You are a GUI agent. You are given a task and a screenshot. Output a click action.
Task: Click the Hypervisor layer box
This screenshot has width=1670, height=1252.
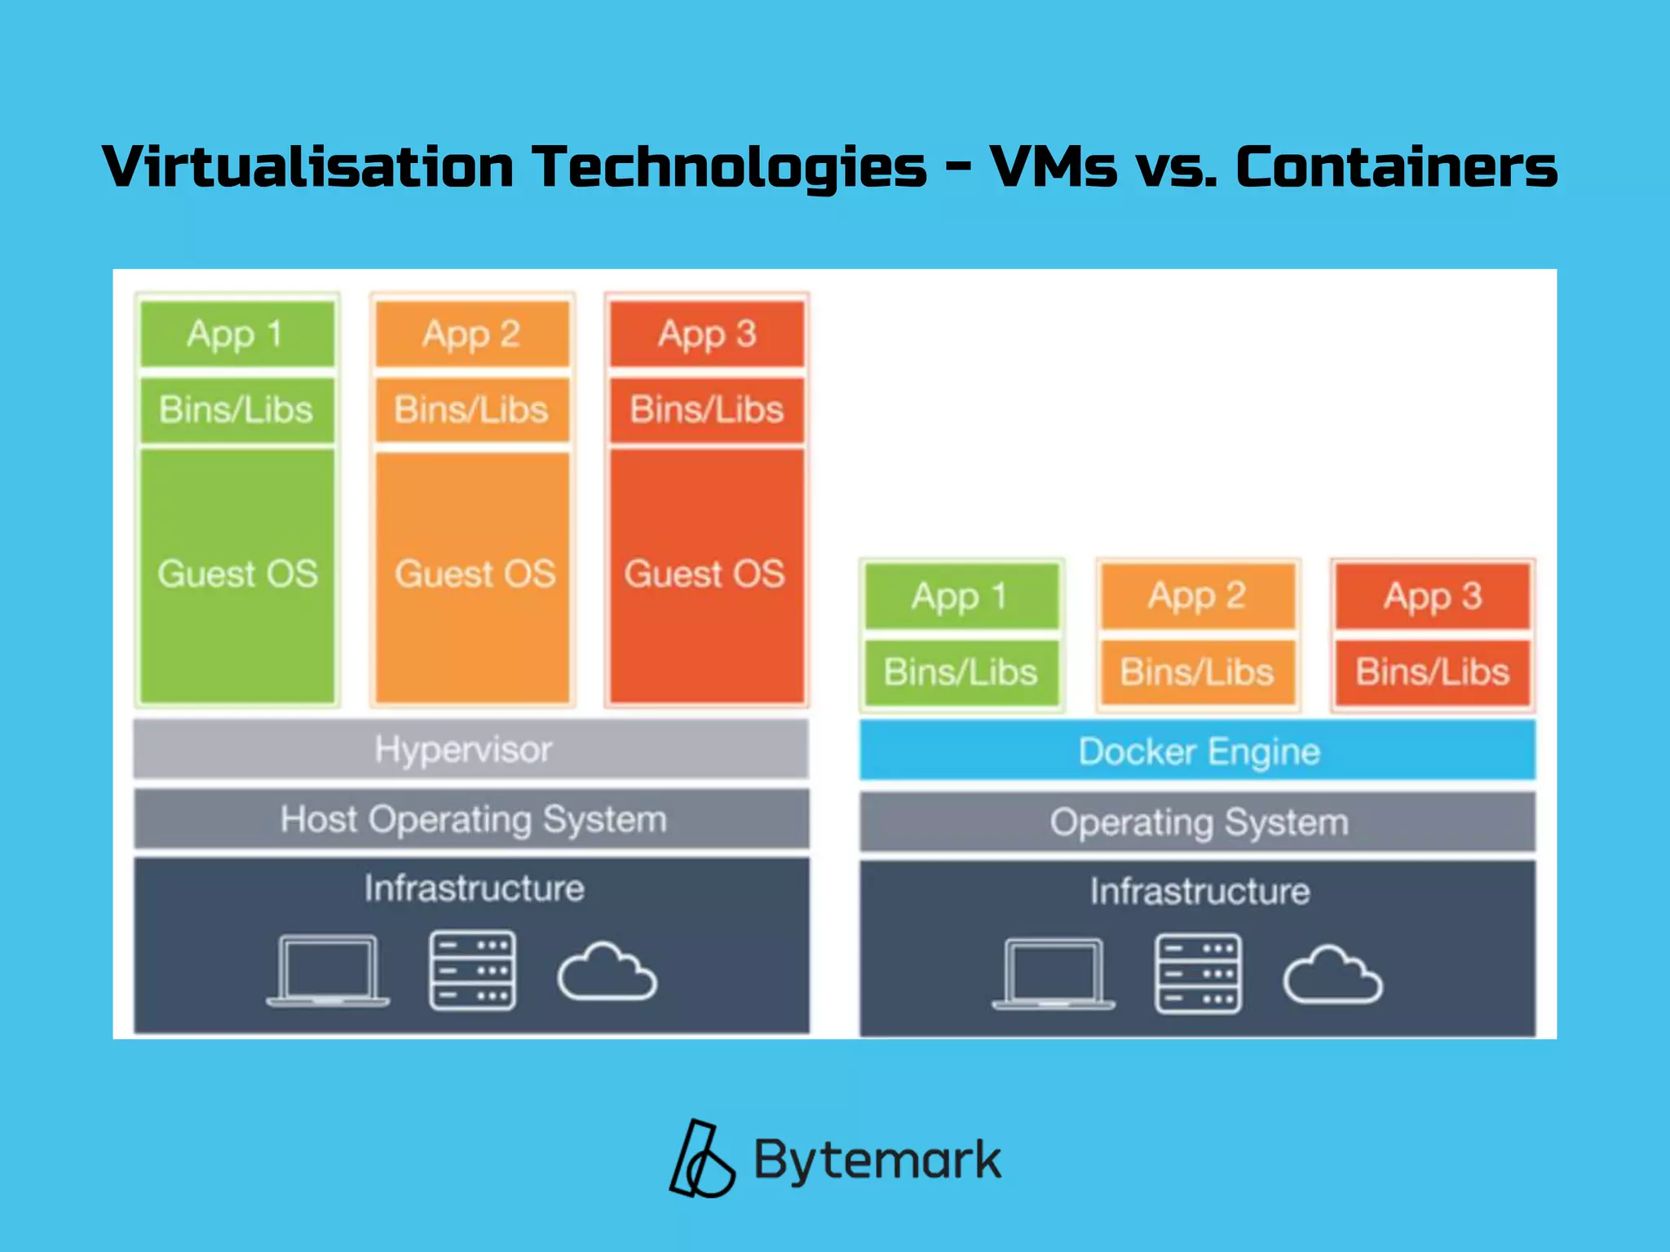tap(471, 749)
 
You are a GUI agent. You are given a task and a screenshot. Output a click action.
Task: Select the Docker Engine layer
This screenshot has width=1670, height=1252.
tap(1197, 751)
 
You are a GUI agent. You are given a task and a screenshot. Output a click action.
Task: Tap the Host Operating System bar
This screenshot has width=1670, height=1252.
tap(471, 819)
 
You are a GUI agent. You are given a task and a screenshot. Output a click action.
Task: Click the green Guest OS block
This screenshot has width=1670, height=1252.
tap(237, 574)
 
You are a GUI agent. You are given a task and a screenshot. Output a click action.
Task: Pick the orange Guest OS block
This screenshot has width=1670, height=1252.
tap(473, 574)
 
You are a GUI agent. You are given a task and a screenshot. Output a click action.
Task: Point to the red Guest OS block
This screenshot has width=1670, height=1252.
tap(706, 574)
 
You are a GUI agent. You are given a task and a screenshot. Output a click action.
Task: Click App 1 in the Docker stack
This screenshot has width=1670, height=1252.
tap(961, 596)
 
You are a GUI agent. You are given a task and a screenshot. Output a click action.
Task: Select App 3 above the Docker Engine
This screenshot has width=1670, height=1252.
tap(1433, 596)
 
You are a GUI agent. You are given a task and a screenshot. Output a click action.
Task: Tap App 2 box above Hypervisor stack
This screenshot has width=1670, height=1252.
tap(472, 334)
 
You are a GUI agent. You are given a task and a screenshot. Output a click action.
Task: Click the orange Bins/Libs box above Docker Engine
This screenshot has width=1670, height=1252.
tap(1197, 672)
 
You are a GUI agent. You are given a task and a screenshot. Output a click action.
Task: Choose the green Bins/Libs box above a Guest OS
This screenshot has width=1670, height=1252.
tap(237, 409)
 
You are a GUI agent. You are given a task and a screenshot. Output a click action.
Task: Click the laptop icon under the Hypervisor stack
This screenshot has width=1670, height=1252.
tap(328, 970)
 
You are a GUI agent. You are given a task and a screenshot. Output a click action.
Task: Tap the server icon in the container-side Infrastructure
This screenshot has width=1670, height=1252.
tap(1198, 973)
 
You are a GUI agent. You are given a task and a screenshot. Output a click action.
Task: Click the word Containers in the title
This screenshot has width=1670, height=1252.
tap(1396, 167)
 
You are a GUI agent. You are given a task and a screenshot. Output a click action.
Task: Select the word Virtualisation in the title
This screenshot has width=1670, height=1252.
tap(308, 167)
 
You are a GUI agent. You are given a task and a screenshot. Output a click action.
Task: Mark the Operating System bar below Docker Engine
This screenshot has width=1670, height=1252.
tap(1197, 822)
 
